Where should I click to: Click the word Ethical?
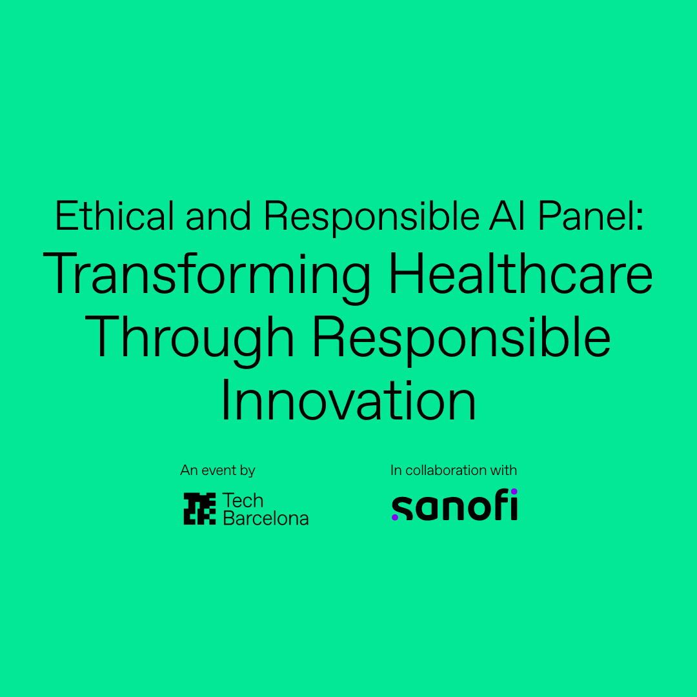pyautogui.click(x=114, y=216)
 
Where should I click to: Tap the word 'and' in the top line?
pyautogui.click(x=218, y=216)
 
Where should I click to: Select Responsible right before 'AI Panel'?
pyautogui.click(x=372, y=218)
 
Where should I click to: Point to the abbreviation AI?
pyautogui.click(x=509, y=216)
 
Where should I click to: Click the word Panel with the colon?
pyautogui.click(x=591, y=216)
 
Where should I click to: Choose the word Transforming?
pyautogui.click(x=207, y=276)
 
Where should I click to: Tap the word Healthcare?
pyautogui.click(x=521, y=274)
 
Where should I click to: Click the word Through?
pyautogui.click(x=189, y=340)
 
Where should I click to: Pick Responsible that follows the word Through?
pyautogui.click(x=461, y=340)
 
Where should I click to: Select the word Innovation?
pyautogui.click(x=348, y=401)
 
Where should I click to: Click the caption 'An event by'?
pyautogui.click(x=218, y=470)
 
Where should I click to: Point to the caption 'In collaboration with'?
pyautogui.click(x=454, y=470)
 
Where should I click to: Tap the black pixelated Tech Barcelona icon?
pyautogui.click(x=199, y=509)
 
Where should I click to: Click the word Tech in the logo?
pyautogui.click(x=243, y=501)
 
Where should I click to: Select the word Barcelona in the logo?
pyautogui.click(x=266, y=518)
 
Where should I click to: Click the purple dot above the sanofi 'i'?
pyautogui.click(x=514, y=491)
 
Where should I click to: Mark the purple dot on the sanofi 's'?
pyautogui.click(x=395, y=517)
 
